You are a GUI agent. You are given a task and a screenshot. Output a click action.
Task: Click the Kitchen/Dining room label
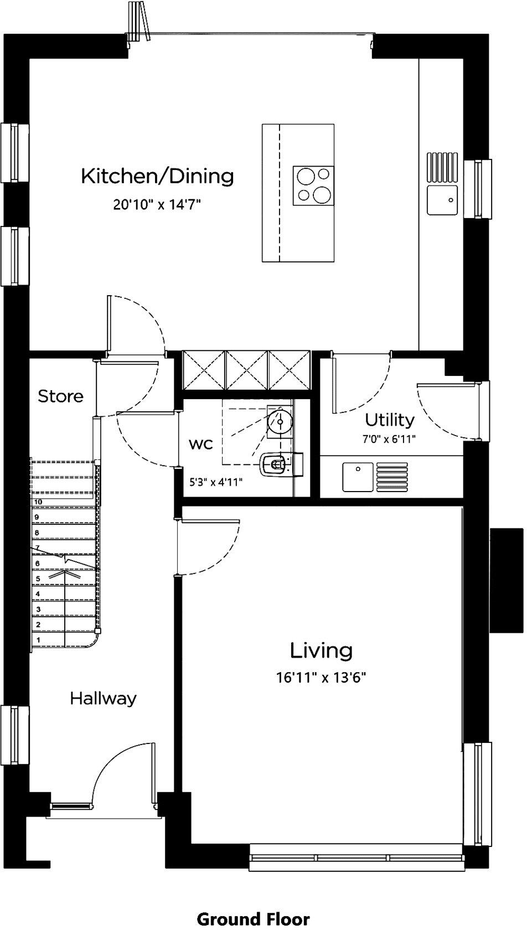coord(158,176)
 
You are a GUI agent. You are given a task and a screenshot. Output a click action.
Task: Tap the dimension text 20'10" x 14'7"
coord(157,205)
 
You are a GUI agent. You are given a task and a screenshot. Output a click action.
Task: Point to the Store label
coord(61,396)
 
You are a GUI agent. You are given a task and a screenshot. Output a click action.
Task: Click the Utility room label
coord(390,420)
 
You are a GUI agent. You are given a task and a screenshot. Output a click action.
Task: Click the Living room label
coord(322,650)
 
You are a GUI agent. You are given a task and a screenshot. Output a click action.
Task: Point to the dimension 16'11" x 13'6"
coord(322,677)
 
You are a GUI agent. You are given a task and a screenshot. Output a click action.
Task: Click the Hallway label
coord(103,699)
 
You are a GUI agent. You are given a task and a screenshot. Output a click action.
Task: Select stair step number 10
coord(38,502)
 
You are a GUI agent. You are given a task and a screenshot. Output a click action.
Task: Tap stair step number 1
coord(38,640)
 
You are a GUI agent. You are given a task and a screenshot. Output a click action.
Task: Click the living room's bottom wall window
coord(356,858)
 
